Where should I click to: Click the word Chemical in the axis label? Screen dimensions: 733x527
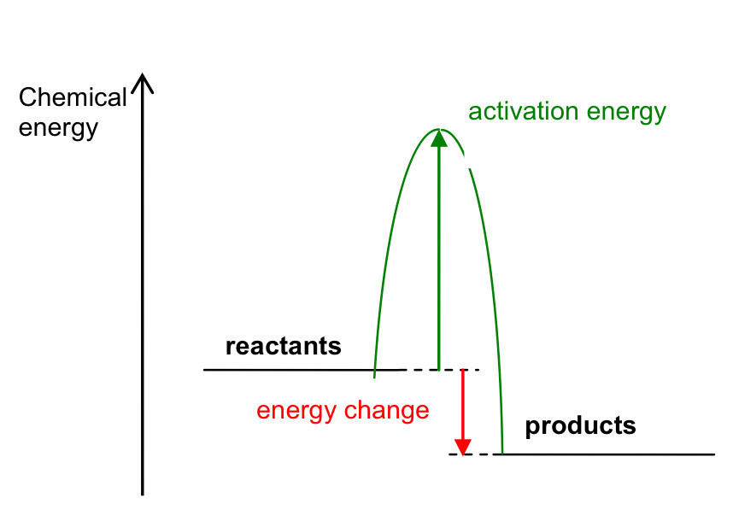[73, 97]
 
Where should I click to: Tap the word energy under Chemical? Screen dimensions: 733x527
[58, 129]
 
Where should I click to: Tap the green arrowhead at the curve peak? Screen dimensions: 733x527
[439, 139]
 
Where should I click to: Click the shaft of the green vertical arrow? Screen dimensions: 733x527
[439, 256]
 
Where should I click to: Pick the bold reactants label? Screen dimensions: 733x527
[283, 347]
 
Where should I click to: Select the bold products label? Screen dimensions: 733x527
[580, 425]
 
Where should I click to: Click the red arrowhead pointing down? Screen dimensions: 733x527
[462, 446]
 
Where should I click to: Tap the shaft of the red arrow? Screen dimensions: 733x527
[462, 401]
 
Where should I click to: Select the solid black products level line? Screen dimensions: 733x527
[607, 454]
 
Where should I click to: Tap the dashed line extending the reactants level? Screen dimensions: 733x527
[444, 370]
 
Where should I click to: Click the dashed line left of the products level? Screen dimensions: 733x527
[474, 454]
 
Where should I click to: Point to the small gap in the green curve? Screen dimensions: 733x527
[466, 161]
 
